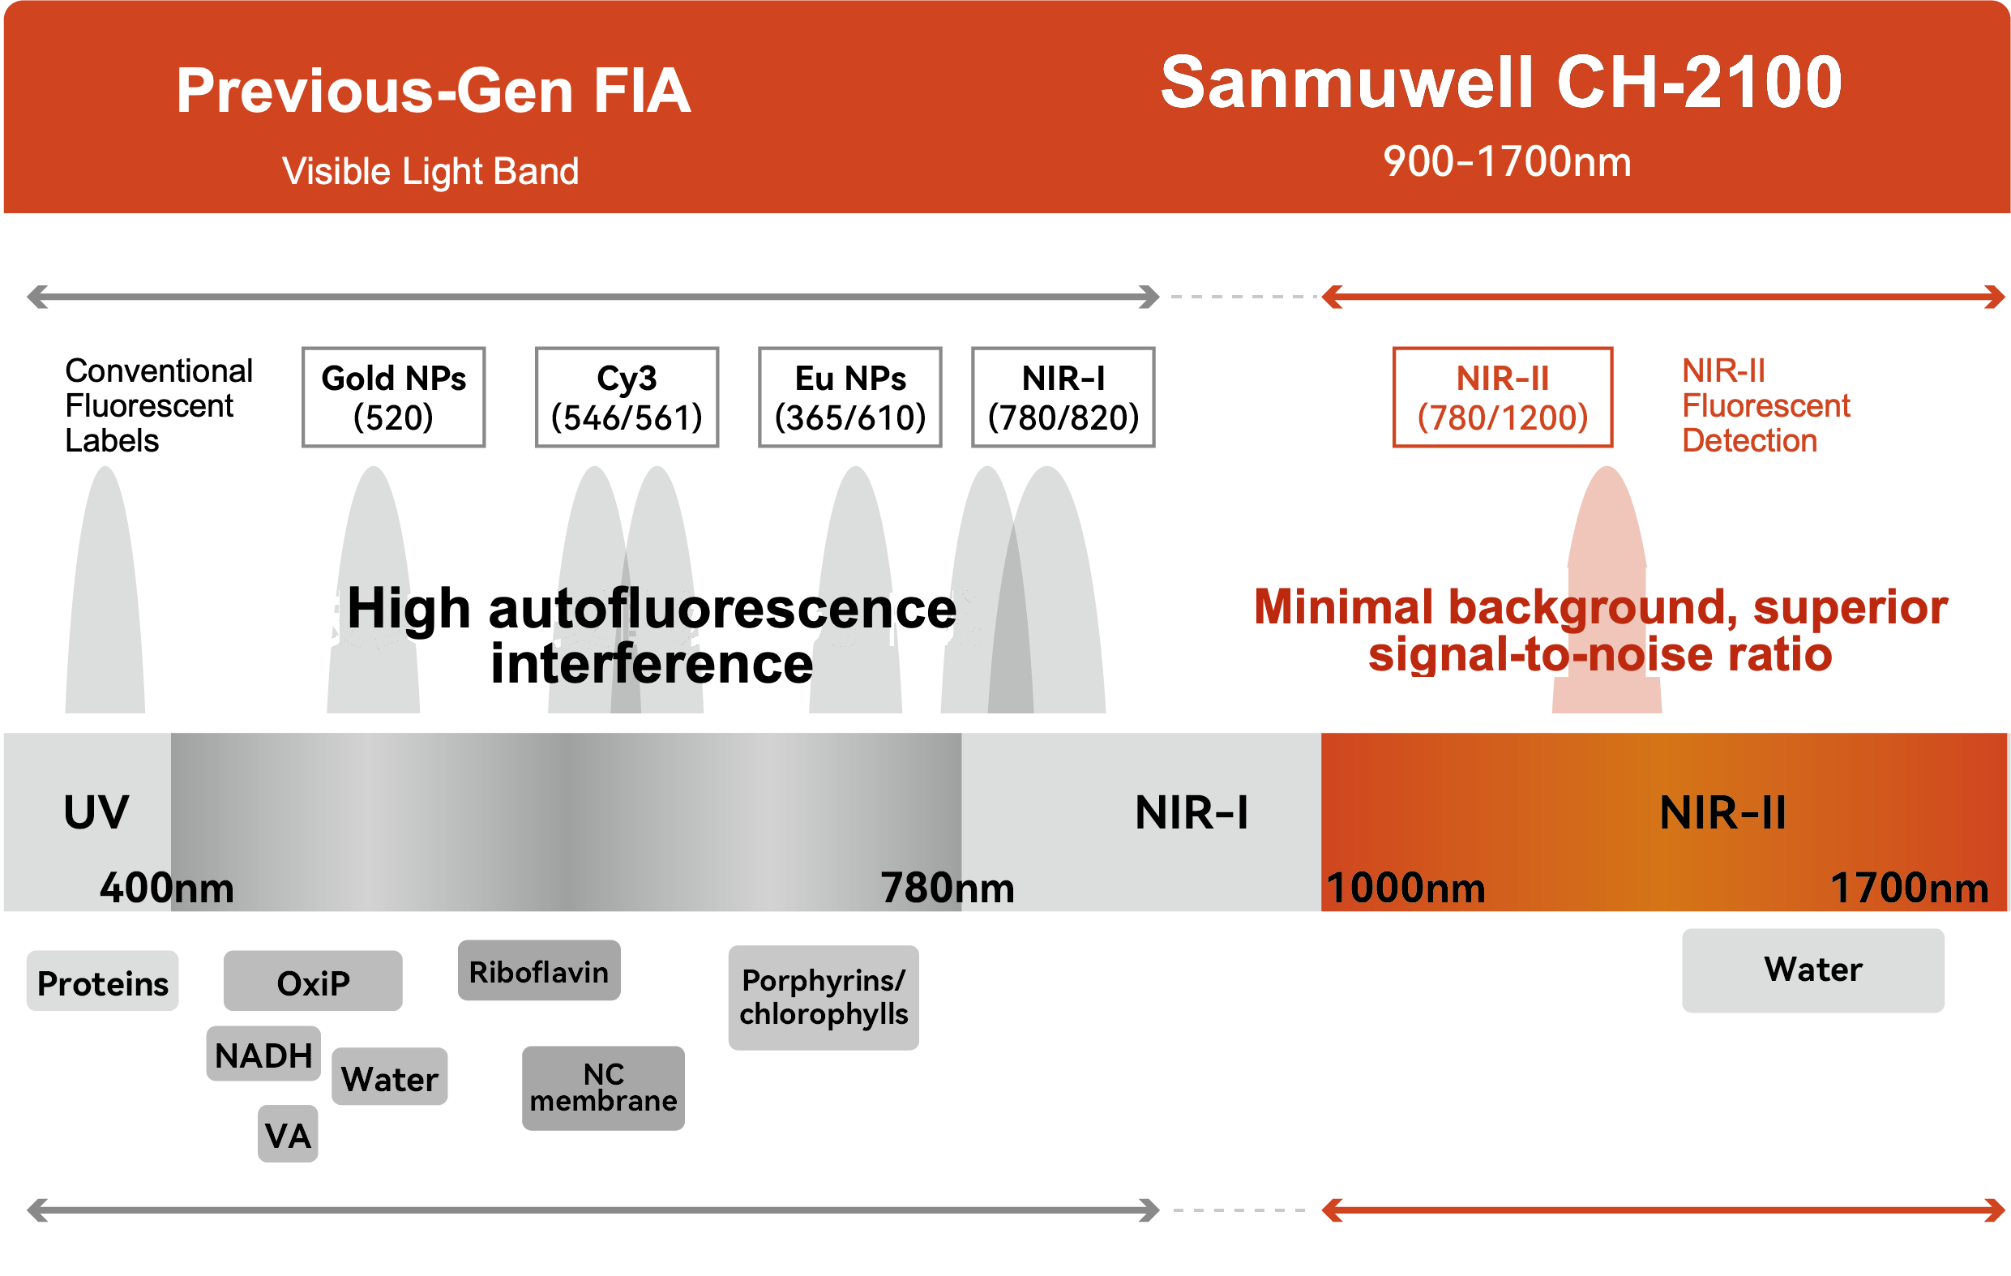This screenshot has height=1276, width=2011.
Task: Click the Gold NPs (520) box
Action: click(393, 397)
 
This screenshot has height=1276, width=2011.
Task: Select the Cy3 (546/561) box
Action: click(627, 397)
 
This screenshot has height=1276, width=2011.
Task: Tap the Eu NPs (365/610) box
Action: click(850, 397)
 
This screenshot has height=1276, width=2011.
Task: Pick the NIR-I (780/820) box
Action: click(1063, 397)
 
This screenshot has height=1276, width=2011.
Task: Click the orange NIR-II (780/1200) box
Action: click(1503, 397)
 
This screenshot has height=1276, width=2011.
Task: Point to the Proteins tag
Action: click(103, 981)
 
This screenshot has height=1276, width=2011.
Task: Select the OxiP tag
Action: click(313, 981)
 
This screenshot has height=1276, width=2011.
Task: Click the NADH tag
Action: click(264, 1054)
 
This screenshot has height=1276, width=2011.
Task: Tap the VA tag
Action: click(288, 1134)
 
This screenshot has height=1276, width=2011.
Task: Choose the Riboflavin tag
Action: click(540, 970)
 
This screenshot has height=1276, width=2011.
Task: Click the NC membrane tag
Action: click(604, 1089)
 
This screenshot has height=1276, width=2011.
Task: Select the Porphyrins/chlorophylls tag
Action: click(824, 998)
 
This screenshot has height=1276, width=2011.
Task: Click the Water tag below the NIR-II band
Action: click(1813, 970)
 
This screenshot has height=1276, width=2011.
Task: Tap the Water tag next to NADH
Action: click(390, 1077)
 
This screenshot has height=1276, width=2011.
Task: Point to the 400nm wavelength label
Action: click(167, 888)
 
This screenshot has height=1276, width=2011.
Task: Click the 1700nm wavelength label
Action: click(1910, 888)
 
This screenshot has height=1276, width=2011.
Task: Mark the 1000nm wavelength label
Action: click(1406, 888)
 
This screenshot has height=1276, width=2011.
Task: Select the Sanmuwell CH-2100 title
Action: click(1500, 83)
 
